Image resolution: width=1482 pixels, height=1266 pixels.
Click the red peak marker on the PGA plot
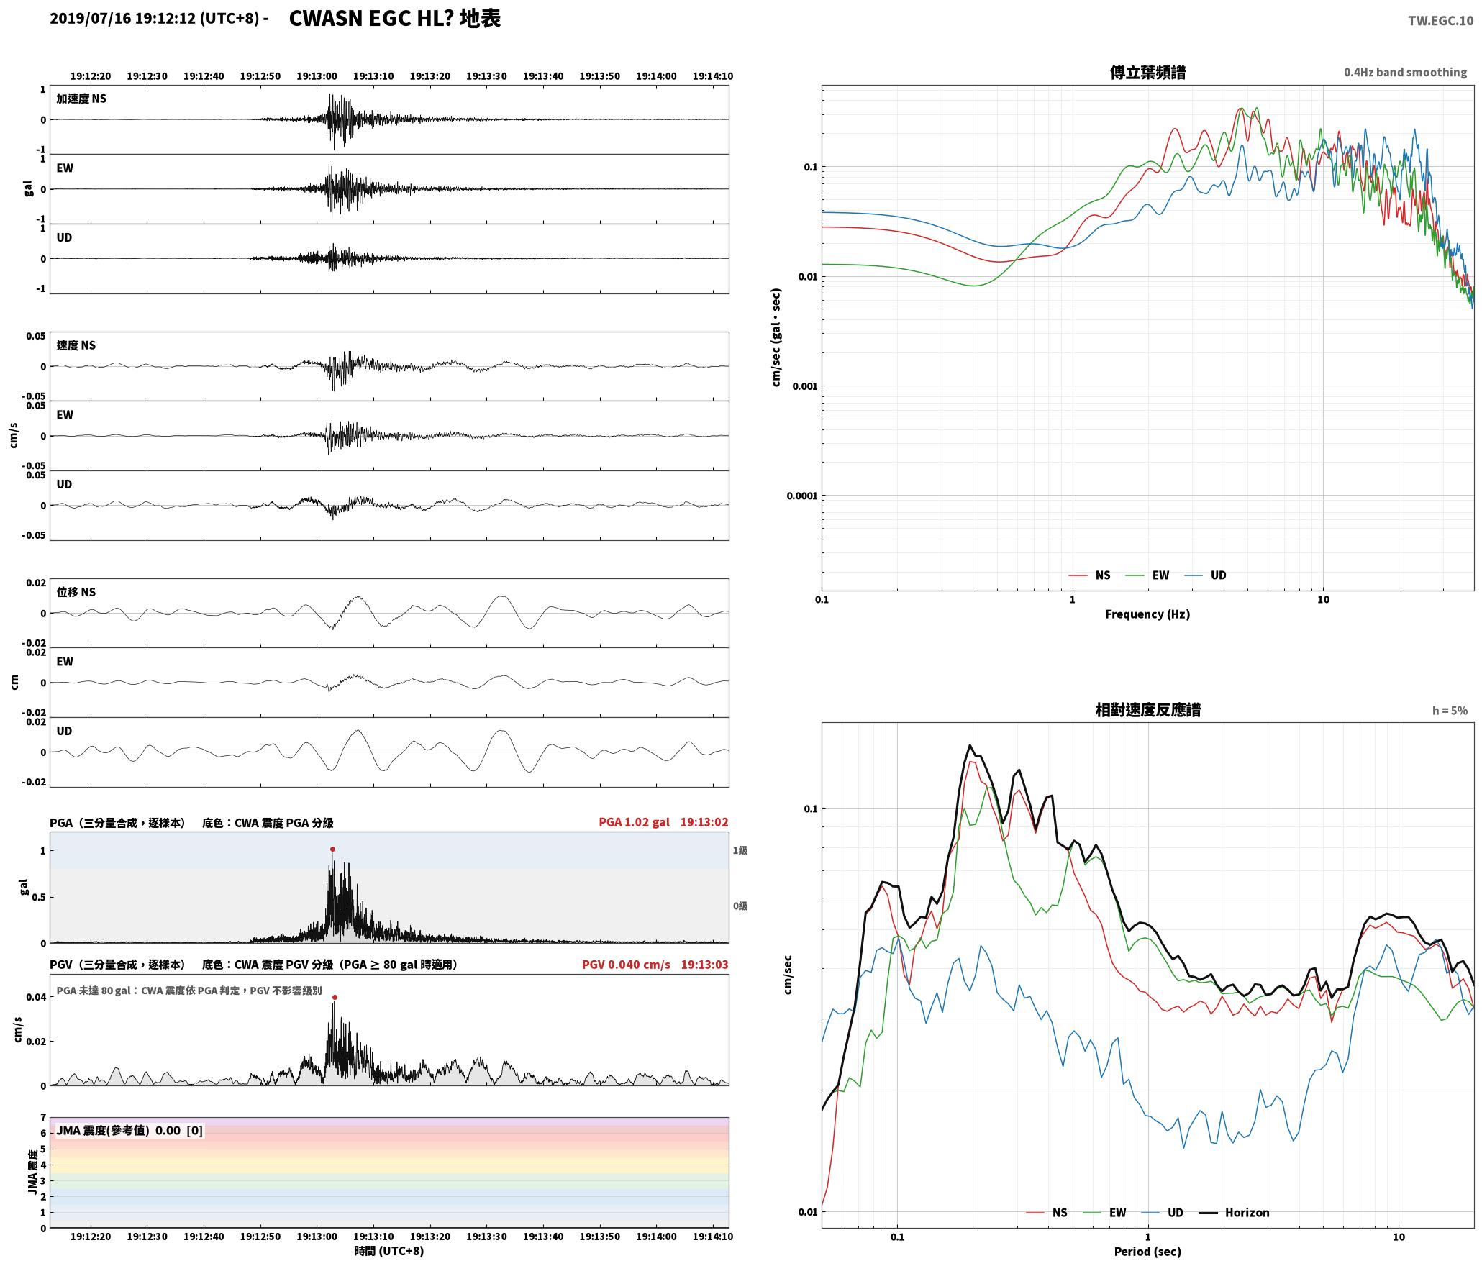[332, 850]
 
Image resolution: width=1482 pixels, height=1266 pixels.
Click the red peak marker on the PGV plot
[335, 997]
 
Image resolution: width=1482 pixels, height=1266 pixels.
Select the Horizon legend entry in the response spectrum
[1234, 1212]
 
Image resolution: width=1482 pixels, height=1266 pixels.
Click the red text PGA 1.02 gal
[634, 822]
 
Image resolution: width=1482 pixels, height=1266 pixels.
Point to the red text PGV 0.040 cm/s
[626, 965]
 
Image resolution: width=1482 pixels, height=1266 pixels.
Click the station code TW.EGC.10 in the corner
[1440, 21]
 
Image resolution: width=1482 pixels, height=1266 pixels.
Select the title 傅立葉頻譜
[1147, 73]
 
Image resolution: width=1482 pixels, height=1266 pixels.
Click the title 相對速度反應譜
[1147, 710]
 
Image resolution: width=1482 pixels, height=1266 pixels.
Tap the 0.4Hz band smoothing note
[1405, 73]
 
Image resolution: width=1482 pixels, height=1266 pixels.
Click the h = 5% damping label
[1450, 711]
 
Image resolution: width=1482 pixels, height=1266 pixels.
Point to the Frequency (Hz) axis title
[1147, 614]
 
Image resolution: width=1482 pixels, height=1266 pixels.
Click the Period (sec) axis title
[1147, 1252]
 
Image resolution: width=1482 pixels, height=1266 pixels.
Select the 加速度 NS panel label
[81, 99]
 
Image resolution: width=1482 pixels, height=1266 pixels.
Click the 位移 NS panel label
[76, 592]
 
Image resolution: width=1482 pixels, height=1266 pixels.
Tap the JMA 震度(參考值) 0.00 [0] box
[129, 1131]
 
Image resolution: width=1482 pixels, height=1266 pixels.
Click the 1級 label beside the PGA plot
[740, 850]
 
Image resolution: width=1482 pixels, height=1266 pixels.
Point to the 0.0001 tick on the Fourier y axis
[801, 496]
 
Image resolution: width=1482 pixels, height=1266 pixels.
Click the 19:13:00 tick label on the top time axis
[317, 76]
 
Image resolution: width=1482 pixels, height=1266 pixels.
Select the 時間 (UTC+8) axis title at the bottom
[389, 1251]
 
